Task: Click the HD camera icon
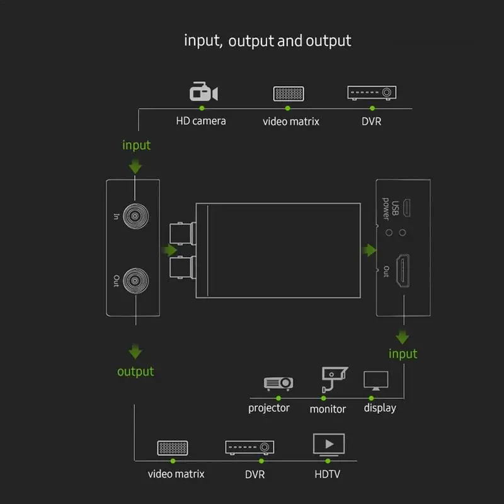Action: (x=203, y=91)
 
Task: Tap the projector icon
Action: (x=278, y=383)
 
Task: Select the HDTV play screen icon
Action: (x=328, y=445)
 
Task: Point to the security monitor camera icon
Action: (x=335, y=379)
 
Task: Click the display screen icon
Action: (x=375, y=381)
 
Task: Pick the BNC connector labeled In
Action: (x=135, y=216)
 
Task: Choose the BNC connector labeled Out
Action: (x=135, y=280)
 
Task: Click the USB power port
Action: (x=406, y=208)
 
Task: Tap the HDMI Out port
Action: (x=403, y=270)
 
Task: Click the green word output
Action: (x=135, y=372)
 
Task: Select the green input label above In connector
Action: (x=136, y=145)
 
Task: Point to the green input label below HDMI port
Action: (x=403, y=353)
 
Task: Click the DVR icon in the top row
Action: (x=372, y=93)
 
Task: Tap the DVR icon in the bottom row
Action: (x=249, y=447)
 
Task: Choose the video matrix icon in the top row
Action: (x=289, y=93)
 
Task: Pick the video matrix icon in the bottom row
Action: (x=173, y=448)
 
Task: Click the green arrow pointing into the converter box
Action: (x=169, y=250)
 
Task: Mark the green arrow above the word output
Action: (x=135, y=352)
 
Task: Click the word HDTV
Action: (x=327, y=474)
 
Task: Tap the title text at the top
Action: (x=267, y=41)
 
